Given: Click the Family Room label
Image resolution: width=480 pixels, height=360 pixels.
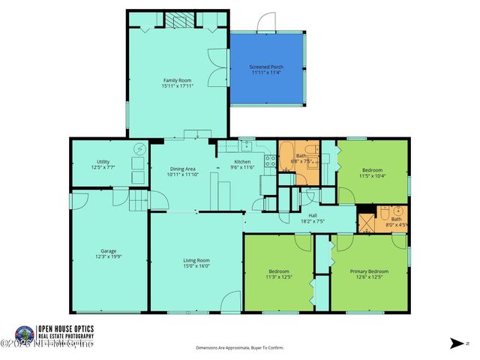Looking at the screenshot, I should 178,79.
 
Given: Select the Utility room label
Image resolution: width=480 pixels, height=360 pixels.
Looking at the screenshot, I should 103,162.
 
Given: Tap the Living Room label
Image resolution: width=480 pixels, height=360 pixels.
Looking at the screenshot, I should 196,259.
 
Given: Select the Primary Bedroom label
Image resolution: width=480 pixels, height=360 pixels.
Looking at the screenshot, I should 369,271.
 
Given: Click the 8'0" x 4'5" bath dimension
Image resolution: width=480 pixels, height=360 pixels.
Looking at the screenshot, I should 396,224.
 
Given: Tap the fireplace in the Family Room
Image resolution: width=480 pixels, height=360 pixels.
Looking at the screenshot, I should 178,21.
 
